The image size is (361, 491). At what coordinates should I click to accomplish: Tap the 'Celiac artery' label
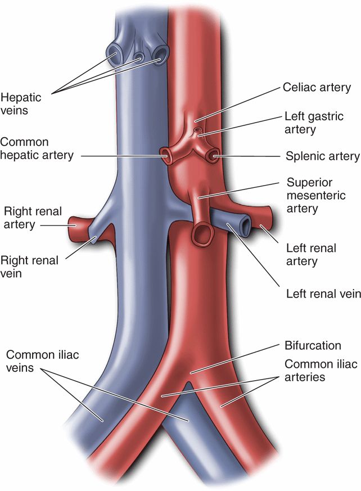coord(317,88)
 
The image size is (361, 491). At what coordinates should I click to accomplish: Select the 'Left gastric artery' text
coord(308,124)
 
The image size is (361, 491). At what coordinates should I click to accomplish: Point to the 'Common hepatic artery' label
coord(37,148)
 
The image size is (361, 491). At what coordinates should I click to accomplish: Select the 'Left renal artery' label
coord(311,254)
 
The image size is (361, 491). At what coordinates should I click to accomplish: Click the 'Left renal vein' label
coord(319,294)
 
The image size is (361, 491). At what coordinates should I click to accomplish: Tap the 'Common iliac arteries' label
coord(321,371)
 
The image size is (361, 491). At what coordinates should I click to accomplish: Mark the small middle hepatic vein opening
coord(138,57)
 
